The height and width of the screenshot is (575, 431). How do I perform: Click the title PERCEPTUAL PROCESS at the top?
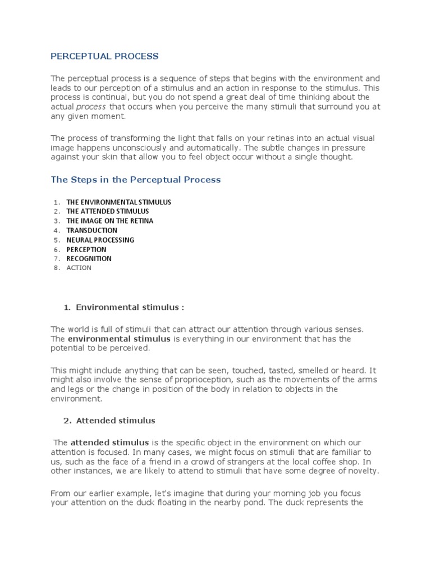tap(104, 56)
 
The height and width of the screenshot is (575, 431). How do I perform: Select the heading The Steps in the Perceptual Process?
tap(136, 180)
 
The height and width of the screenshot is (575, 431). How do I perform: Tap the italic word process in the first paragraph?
tap(91, 107)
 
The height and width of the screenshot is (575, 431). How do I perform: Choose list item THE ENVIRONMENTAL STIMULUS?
tap(118, 202)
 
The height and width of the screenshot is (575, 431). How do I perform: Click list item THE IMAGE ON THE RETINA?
tap(109, 221)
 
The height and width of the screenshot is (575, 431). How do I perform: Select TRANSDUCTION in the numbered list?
tap(91, 230)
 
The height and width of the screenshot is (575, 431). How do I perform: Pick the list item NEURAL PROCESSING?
tap(100, 240)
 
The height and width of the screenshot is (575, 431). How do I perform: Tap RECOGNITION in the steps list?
tap(89, 259)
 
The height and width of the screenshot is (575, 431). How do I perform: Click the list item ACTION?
tap(79, 268)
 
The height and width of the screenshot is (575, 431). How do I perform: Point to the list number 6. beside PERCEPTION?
tap(57, 249)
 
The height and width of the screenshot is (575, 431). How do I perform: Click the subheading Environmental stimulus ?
tap(130, 307)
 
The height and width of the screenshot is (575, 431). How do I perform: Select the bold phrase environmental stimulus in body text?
tap(119, 339)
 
